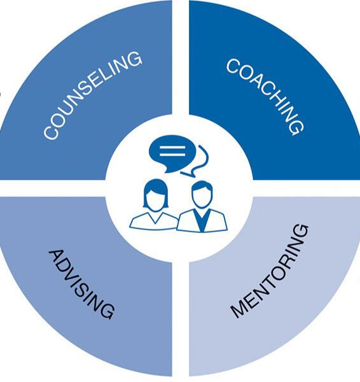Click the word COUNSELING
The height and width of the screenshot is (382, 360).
(92, 95)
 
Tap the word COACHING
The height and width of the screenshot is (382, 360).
(265, 97)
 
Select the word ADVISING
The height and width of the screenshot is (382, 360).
(81, 284)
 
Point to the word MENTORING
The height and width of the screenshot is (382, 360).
(270, 271)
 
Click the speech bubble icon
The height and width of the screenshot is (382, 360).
(172, 154)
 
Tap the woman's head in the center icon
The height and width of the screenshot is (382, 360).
(156, 195)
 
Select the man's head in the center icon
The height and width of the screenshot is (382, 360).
(202, 194)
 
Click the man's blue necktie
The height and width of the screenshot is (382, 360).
(201, 220)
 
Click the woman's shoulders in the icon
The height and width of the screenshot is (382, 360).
(154, 221)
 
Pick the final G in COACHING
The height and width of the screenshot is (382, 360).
(296, 127)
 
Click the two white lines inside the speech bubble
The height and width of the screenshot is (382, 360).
(172, 151)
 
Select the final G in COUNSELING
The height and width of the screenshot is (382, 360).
(134, 59)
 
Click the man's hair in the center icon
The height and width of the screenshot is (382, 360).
(202, 186)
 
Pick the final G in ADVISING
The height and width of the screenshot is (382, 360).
(107, 311)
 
